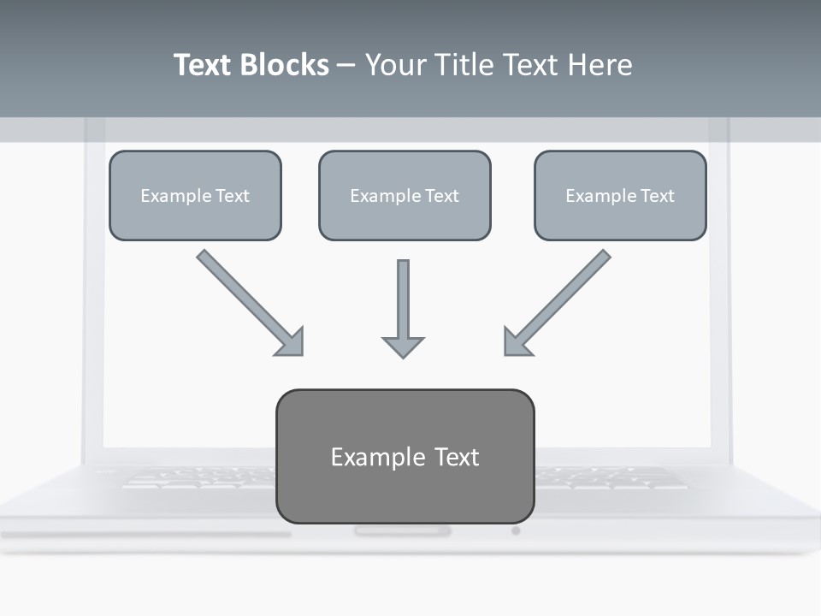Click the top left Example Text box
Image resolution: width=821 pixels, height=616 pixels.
pyautogui.click(x=195, y=196)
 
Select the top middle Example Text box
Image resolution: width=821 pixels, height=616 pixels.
pyautogui.click(x=405, y=196)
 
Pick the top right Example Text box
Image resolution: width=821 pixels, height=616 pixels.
pyautogui.click(x=620, y=196)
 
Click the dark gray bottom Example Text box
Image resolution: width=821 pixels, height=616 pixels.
pyautogui.click(x=405, y=456)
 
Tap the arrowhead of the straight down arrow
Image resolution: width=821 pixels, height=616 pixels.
pyautogui.click(x=403, y=346)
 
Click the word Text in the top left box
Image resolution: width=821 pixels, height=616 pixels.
pyautogui.click(x=232, y=196)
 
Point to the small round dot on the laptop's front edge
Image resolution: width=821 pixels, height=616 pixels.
pyautogui.click(x=516, y=530)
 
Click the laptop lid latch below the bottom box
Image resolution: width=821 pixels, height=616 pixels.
pyautogui.click(x=402, y=531)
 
